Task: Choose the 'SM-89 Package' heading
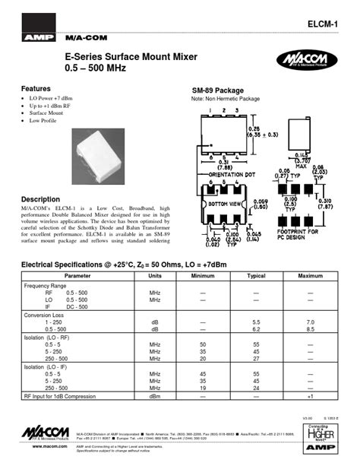(217, 90)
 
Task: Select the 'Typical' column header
(256, 275)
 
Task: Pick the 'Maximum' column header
(310, 275)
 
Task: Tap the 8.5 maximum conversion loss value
(310, 329)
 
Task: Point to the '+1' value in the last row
(310, 396)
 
